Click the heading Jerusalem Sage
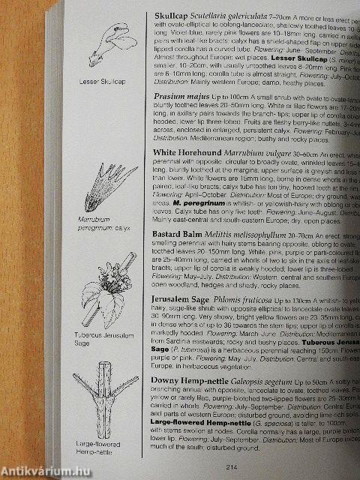[x=181, y=320]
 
